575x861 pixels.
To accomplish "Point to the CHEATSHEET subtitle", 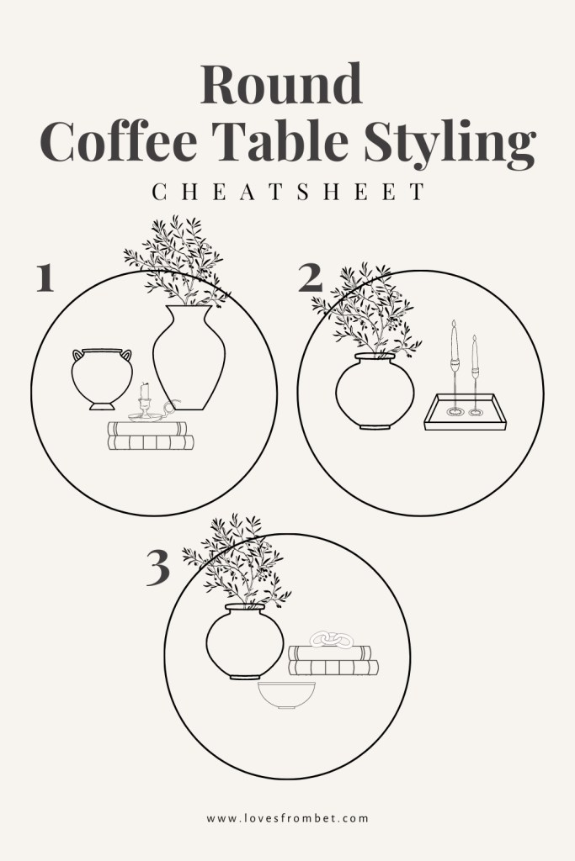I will click(288, 193).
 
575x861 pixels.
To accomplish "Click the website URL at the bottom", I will click(287, 816).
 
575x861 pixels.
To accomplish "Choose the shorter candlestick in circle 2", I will click(476, 374).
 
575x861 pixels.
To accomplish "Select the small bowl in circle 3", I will click(285, 695).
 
